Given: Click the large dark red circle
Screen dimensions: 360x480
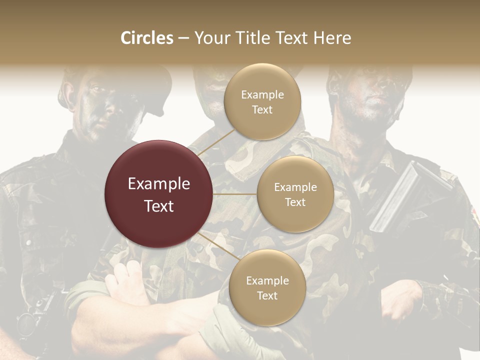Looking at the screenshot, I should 159,194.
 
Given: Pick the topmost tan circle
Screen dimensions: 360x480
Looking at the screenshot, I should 262,101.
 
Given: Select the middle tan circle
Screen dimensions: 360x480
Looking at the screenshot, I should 295,194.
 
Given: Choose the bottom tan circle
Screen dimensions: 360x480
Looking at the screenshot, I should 267,287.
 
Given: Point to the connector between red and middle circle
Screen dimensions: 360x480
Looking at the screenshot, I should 235,194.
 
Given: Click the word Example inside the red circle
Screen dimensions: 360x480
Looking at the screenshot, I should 159,184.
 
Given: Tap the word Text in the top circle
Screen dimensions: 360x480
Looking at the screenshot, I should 262,110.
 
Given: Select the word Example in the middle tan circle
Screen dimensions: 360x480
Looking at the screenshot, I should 295,187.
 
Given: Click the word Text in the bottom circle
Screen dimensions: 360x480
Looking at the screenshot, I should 267,296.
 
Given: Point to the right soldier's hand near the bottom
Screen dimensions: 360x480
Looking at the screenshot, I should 400,300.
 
